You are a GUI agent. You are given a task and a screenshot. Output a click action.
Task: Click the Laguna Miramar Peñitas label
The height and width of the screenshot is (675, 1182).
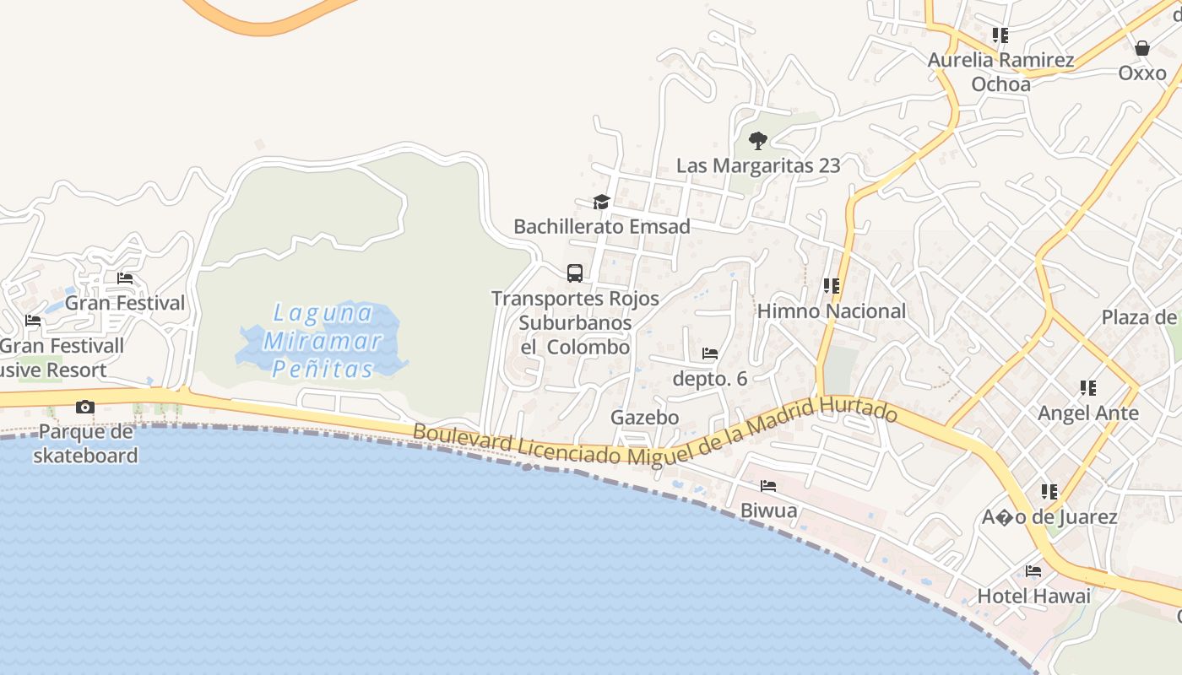click(x=323, y=341)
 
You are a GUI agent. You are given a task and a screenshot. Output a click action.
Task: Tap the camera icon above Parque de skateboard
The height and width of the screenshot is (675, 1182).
click(x=84, y=408)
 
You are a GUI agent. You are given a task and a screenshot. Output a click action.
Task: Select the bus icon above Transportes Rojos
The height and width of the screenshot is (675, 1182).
click(x=575, y=273)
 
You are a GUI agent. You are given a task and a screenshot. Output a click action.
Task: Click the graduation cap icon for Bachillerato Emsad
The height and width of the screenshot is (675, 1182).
click(x=601, y=202)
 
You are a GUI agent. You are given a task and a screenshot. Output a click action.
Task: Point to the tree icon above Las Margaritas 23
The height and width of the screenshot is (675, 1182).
click(x=757, y=140)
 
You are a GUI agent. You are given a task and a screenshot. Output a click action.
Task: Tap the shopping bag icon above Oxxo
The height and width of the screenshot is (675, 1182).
click(x=1142, y=48)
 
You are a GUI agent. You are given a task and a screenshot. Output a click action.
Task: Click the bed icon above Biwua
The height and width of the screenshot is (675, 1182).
click(x=768, y=486)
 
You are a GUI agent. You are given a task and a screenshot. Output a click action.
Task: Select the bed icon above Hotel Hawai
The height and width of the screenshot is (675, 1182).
click(x=1033, y=571)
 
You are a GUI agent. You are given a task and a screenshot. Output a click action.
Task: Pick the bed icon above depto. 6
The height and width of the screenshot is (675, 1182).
click(x=710, y=354)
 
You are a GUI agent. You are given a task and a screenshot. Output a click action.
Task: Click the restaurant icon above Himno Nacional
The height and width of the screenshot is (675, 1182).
click(x=832, y=286)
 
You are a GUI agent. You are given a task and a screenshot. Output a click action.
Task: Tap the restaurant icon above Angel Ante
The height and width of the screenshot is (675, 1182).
click(x=1088, y=388)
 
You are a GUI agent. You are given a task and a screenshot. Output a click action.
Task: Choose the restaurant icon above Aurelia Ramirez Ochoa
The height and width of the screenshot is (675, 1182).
click(x=1000, y=35)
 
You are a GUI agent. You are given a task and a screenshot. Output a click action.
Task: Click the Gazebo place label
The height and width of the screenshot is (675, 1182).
click(x=645, y=418)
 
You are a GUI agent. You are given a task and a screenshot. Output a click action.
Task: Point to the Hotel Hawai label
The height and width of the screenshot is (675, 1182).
click(x=1033, y=596)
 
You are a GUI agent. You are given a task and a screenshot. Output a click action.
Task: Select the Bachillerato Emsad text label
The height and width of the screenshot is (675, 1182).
click(x=602, y=226)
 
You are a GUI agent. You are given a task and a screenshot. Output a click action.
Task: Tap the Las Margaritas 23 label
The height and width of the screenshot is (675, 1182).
click(x=758, y=165)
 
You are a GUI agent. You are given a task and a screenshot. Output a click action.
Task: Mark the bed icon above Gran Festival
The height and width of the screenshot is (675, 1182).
click(x=125, y=278)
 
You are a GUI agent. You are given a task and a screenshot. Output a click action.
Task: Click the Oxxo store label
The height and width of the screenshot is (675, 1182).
click(x=1142, y=73)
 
